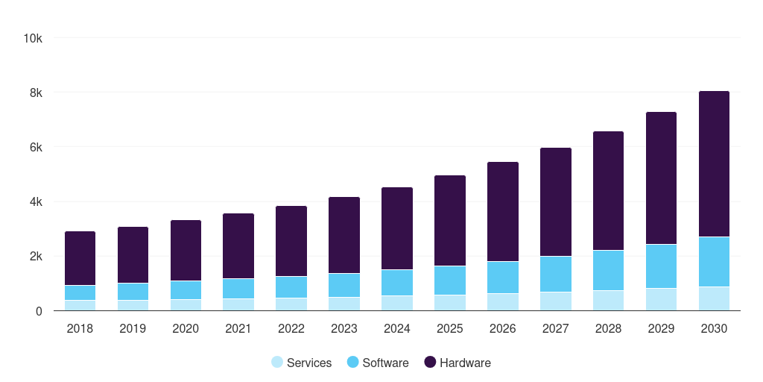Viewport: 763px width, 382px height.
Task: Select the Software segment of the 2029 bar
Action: click(661, 266)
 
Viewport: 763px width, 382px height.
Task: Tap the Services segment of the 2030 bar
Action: click(714, 298)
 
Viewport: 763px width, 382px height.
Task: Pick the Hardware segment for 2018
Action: click(80, 259)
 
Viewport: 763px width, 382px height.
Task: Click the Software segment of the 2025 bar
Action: click(450, 281)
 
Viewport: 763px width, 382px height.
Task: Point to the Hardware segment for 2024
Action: click(397, 228)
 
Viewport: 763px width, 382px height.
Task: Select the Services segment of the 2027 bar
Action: click(556, 301)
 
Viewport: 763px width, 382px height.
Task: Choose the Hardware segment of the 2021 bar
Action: click(238, 246)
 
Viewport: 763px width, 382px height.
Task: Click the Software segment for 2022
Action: click(291, 287)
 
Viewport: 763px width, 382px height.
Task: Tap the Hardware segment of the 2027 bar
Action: click(556, 202)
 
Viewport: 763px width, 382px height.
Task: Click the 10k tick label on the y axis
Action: click(32, 38)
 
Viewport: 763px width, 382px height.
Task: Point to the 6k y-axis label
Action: click(35, 148)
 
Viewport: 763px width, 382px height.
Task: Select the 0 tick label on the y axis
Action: click(39, 311)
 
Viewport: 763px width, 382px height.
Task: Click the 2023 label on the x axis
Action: click(344, 329)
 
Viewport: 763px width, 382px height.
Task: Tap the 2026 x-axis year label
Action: click(503, 329)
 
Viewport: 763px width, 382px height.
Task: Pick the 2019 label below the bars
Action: click(133, 329)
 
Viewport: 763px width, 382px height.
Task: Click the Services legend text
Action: click(309, 363)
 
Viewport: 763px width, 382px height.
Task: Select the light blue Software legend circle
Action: click(353, 363)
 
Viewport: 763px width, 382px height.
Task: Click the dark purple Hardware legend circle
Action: click(430, 363)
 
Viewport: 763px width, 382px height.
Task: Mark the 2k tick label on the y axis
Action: click(35, 257)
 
